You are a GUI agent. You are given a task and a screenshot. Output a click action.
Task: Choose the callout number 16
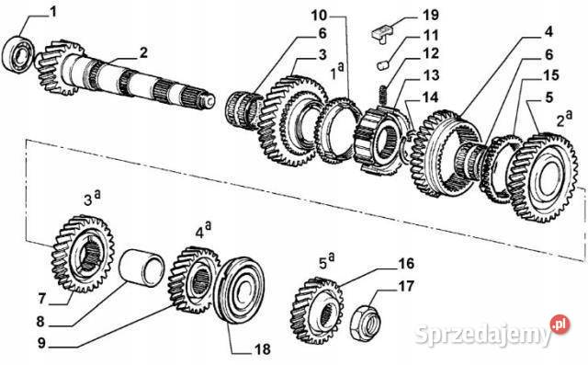(406, 262)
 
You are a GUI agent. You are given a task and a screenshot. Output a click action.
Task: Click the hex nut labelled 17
(367, 322)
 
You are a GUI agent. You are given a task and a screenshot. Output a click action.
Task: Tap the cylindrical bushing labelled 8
(145, 275)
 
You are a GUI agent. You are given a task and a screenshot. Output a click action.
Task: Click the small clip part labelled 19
(382, 32)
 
